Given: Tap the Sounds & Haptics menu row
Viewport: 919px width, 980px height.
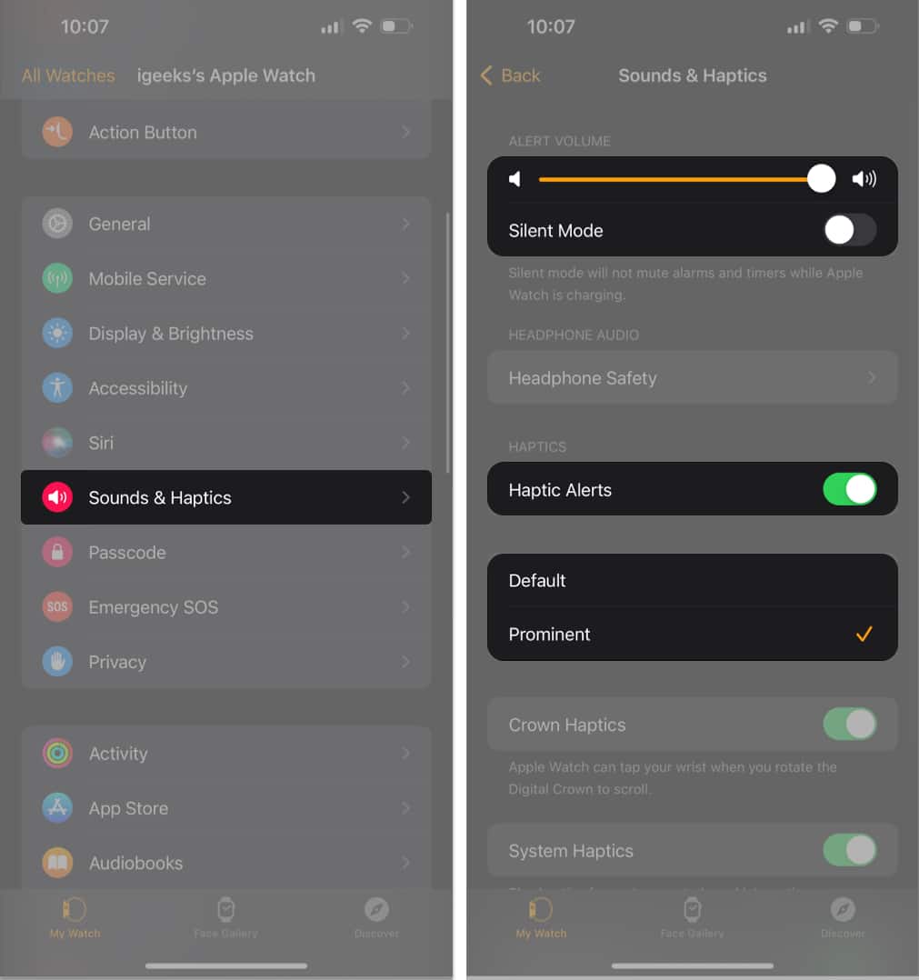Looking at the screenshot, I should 225,497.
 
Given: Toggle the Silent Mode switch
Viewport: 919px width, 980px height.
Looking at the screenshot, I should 849,230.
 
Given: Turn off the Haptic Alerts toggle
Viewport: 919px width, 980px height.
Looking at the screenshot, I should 849,489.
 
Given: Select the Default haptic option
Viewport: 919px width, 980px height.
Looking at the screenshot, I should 691,581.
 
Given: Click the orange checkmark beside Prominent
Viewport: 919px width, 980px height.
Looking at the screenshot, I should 864,635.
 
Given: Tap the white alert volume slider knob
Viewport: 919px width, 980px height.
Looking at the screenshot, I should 821,179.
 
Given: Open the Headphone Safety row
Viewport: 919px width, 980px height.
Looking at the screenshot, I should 691,378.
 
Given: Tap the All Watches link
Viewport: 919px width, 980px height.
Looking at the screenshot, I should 68,75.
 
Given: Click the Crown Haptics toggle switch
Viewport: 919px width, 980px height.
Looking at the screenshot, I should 849,725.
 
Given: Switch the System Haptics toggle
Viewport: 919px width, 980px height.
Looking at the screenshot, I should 849,851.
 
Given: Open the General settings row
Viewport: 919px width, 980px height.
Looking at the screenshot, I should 225,224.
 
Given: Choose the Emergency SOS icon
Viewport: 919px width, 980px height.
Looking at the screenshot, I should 57,607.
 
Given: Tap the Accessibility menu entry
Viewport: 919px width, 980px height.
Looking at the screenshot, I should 225,388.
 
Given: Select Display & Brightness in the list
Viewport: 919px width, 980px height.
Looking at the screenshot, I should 225,334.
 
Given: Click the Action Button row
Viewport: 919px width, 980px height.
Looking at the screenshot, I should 225,133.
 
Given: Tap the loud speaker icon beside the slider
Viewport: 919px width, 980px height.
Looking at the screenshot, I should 864,179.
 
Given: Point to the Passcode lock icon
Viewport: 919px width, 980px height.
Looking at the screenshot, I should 57,553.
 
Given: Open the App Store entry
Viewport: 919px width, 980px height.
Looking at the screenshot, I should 225,808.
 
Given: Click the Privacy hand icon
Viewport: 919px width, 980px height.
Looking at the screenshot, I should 57,662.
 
